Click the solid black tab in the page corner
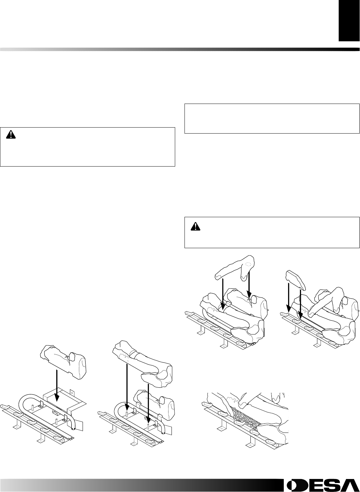[349, 21]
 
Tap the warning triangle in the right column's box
[194, 226]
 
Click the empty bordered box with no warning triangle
[272, 119]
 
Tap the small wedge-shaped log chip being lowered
[296, 279]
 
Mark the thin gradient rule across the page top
[180, 49]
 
